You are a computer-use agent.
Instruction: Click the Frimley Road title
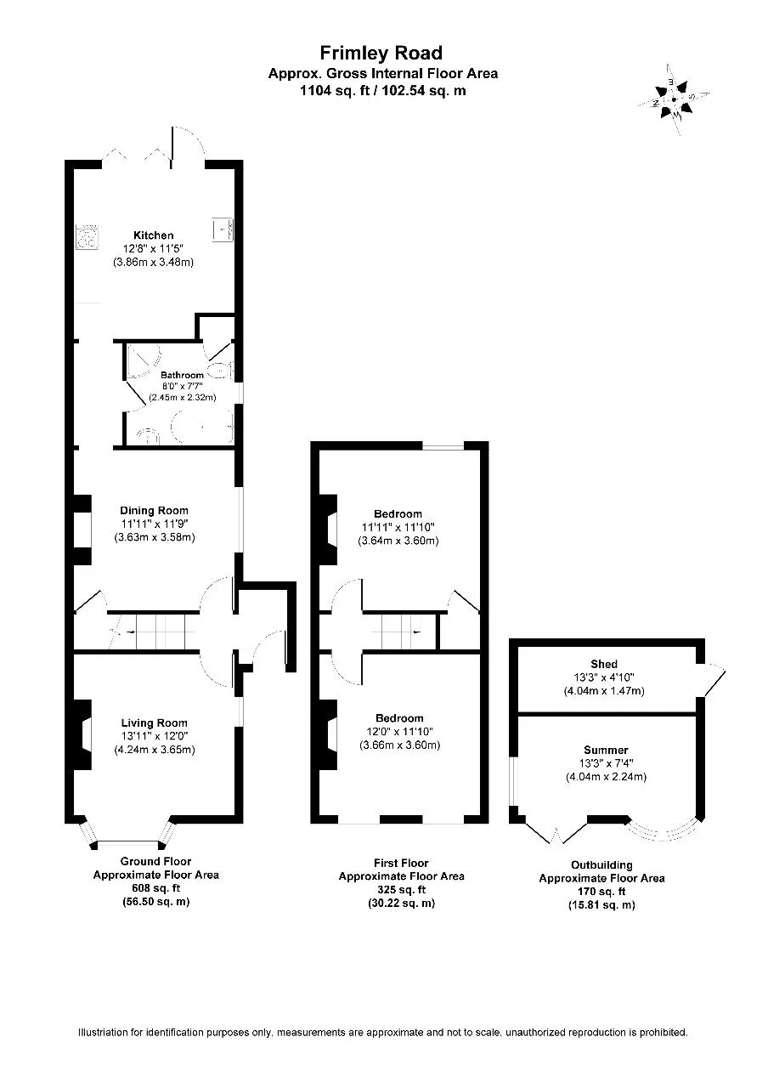click(x=381, y=53)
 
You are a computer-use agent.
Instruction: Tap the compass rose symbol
click(x=674, y=99)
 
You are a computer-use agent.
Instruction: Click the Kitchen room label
click(x=154, y=235)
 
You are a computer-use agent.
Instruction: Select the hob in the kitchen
click(x=88, y=237)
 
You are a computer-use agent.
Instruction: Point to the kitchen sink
click(x=223, y=229)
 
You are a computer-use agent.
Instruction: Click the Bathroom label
click(x=182, y=375)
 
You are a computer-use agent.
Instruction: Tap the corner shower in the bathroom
click(x=144, y=361)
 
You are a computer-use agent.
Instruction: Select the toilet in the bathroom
click(x=220, y=370)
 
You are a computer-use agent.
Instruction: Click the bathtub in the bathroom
click(x=202, y=427)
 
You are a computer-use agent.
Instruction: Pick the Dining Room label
click(x=154, y=511)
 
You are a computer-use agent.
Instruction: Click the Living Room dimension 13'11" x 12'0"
click(x=155, y=736)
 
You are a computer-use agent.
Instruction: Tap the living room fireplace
click(x=82, y=734)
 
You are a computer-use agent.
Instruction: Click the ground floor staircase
click(x=152, y=632)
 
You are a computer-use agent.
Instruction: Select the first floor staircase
click(x=401, y=632)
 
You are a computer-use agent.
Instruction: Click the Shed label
click(x=604, y=664)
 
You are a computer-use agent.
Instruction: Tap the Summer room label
click(x=606, y=750)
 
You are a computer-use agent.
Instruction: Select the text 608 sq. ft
click(x=155, y=888)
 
